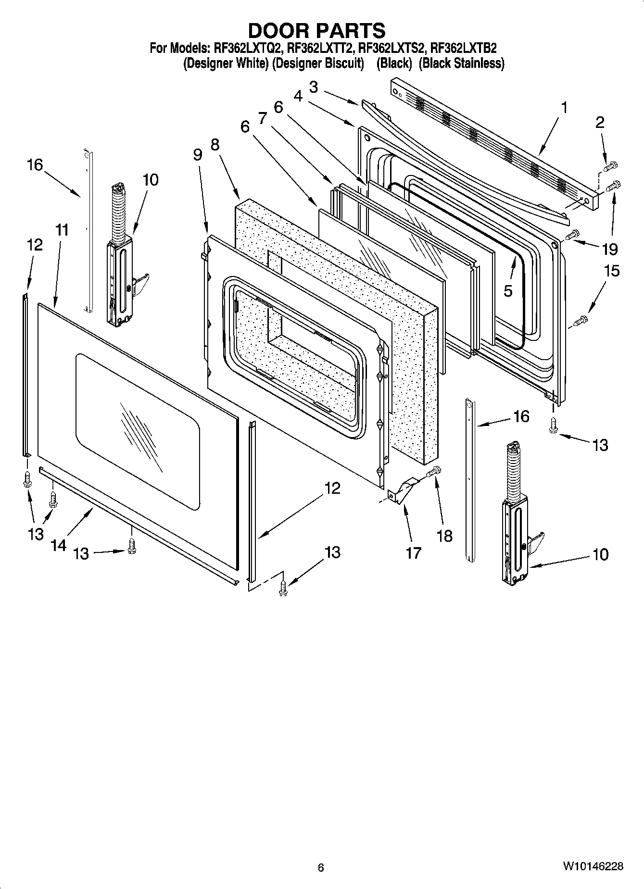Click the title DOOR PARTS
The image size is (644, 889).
pyautogui.click(x=316, y=30)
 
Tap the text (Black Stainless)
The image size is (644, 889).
pyautogui.click(x=461, y=63)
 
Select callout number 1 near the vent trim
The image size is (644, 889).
pyautogui.click(x=564, y=108)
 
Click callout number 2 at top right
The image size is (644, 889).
pyautogui.click(x=599, y=123)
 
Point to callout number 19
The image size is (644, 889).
pyautogui.click(x=609, y=249)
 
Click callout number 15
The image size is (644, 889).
pyautogui.click(x=612, y=271)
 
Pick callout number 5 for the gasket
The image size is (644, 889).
pyautogui.click(x=508, y=290)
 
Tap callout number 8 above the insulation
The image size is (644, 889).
pyautogui.click(x=215, y=144)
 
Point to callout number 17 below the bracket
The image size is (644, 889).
pyautogui.click(x=413, y=552)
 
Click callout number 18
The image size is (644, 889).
pyautogui.click(x=445, y=536)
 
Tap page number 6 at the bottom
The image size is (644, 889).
pyautogui.click(x=321, y=867)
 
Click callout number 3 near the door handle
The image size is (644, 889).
pyautogui.click(x=313, y=87)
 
